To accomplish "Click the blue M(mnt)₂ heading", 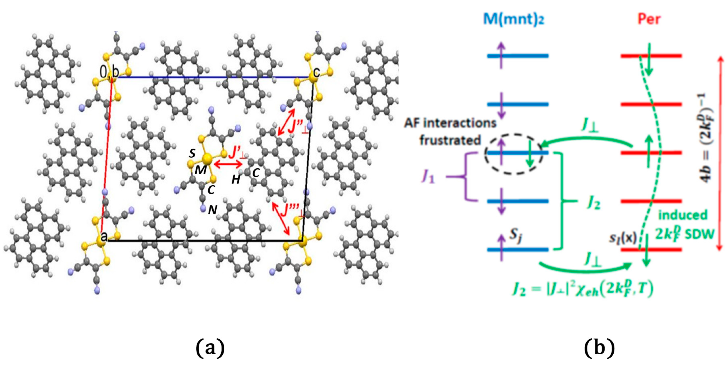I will pos(514,19).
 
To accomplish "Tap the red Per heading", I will pos(649,19).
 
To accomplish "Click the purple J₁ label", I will pos(428,177).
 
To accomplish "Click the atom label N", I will pos(213,210).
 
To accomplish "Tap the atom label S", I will pos(192,153).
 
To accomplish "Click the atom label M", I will pos(201,170).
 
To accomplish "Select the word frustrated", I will pos(450,140).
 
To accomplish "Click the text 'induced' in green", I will pos(683,215).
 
